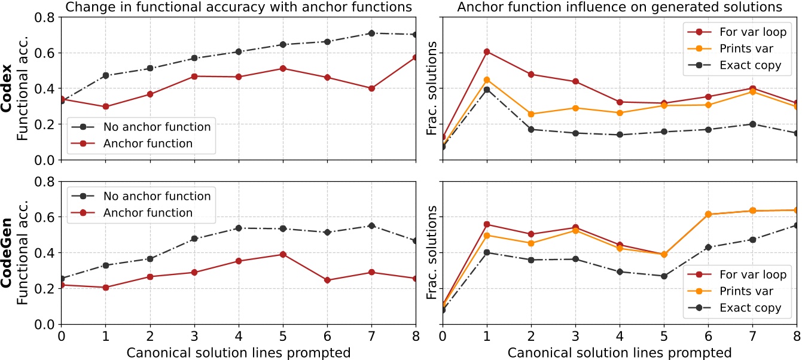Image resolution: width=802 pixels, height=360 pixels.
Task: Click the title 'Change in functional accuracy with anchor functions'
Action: [239, 7]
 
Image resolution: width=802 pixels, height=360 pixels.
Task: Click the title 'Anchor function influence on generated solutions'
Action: [620, 7]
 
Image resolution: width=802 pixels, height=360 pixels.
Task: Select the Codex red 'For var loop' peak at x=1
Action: [486, 52]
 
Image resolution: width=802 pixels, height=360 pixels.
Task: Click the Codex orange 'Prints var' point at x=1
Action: [486, 80]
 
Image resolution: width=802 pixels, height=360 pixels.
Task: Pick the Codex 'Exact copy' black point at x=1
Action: [486, 90]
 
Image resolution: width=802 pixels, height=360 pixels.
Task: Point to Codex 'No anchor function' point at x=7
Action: [371, 33]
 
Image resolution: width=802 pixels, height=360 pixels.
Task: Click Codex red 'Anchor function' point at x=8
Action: [416, 57]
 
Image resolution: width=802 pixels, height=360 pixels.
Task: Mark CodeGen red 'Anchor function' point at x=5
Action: [283, 254]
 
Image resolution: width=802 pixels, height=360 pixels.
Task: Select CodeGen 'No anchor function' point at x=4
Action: [239, 228]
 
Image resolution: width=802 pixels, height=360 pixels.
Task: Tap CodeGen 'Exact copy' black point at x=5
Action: [664, 276]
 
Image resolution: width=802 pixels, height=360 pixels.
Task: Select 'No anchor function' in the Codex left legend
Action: [157, 127]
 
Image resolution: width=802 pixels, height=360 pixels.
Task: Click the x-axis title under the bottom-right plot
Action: [620, 352]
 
